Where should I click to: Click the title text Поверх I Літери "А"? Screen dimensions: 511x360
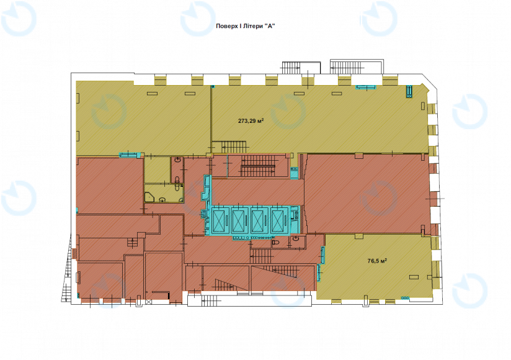(x=246, y=26)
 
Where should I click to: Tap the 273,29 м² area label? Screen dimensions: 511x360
(x=251, y=120)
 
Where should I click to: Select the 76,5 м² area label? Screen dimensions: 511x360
(x=377, y=261)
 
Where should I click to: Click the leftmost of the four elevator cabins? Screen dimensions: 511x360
(x=220, y=220)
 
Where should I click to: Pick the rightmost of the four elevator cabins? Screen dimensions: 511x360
(x=278, y=220)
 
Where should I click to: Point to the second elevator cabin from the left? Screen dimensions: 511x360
(x=239, y=220)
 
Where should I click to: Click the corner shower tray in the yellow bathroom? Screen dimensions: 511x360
(x=149, y=197)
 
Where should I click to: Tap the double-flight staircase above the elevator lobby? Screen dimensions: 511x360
(x=258, y=166)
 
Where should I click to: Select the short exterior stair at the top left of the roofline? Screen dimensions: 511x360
(x=291, y=68)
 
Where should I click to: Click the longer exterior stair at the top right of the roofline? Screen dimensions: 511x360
(x=347, y=68)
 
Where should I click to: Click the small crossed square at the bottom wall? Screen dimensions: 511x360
(x=149, y=302)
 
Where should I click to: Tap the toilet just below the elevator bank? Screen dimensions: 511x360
(x=275, y=243)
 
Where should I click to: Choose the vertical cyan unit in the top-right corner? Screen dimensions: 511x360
(x=409, y=91)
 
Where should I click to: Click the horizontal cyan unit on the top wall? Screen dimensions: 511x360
(x=365, y=87)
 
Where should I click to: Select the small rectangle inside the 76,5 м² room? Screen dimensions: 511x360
(x=414, y=277)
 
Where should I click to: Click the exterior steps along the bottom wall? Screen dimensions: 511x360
(x=211, y=300)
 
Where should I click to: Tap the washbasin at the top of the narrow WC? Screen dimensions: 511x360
(x=178, y=160)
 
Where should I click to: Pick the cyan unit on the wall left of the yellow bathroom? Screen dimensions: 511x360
(x=130, y=155)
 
